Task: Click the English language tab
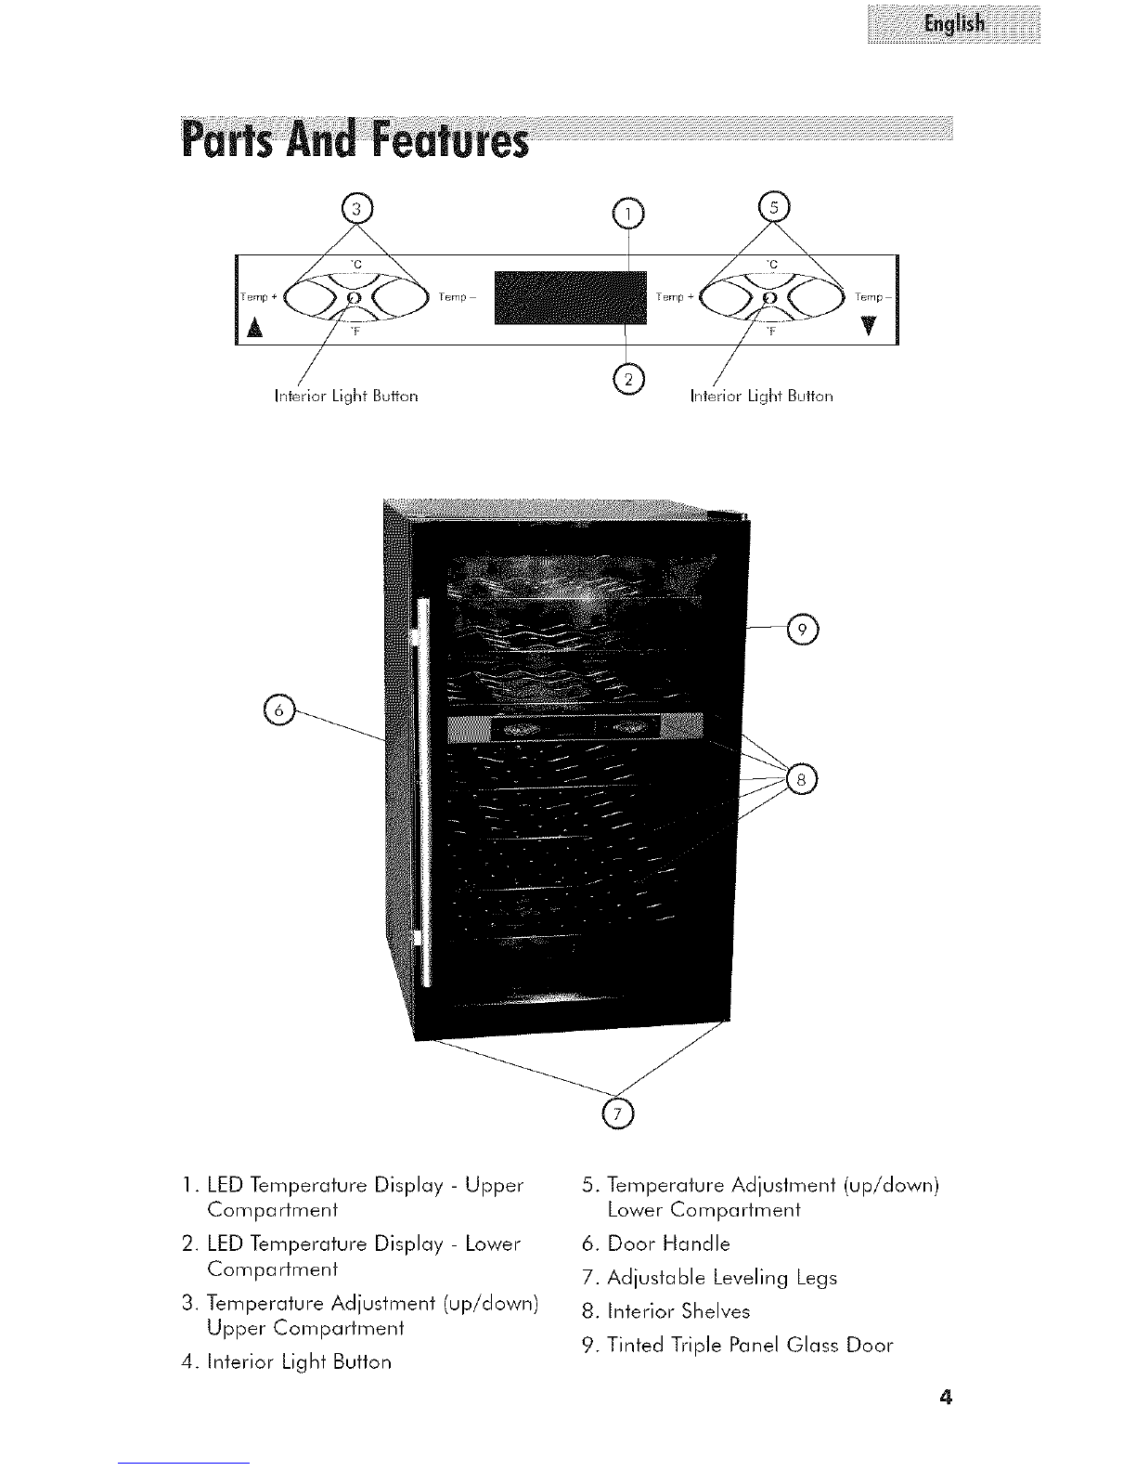[x=953, y=24]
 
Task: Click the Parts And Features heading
[x=355, y=138]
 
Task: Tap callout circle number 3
[x=357, y=209]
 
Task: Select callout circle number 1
[x=628, y=215]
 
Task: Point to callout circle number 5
[x=774, y=206]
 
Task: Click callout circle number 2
[x=628, y=379]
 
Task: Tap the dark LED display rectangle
[x=571, y=298]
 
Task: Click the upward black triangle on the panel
[x=254, y=328]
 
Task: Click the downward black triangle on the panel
[x=870, y=326]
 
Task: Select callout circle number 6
[x=278, y=710]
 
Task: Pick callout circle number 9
[x=803, y=631]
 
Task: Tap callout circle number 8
[x=802, y=780]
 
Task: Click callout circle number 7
[x=618, y=1113]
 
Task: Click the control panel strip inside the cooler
[x=575, y=728]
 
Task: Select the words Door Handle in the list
[x=668, y=1243]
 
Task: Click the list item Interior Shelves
[x=665, y=1311]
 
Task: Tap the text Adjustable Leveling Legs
[x=722, y=1278]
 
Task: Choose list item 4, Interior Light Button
[x=286, y=1362]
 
